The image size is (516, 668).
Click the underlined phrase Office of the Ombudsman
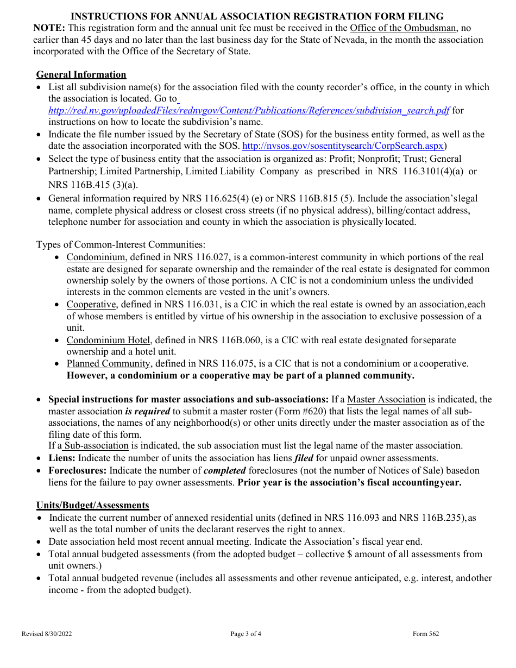(402, 28)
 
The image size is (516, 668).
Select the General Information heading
(81, 74)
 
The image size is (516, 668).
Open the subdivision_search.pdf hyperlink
(249, 110)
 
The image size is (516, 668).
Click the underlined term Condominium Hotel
(109, 340)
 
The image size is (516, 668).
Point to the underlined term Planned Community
(108, 363)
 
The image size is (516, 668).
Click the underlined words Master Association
(386, 399)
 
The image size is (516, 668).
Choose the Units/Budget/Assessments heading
(92, 505)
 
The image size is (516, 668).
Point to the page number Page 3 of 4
(246, 634)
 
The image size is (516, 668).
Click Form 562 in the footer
(426, 634)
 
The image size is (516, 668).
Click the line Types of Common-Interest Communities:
(121, 245)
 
